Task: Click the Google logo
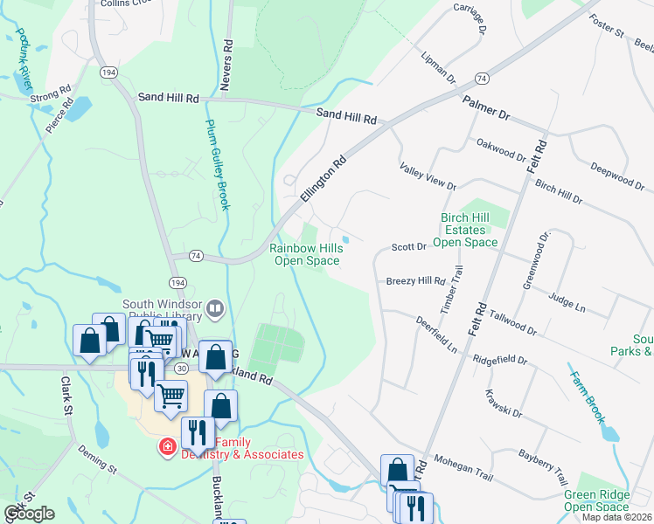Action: [x=28, y=514]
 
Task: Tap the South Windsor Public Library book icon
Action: [x=215, y=308]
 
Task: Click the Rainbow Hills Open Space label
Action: [x=306, y=254]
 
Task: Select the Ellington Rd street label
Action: [x=324, y=179]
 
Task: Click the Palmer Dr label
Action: [x=486, y=108]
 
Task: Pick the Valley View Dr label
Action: [x=428, y=176]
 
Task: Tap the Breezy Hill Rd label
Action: [x=416, y=281]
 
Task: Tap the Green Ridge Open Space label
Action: [x=595, y=500]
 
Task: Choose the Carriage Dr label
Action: [x=470, y=18]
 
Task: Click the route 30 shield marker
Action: [x=180, y=369]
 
